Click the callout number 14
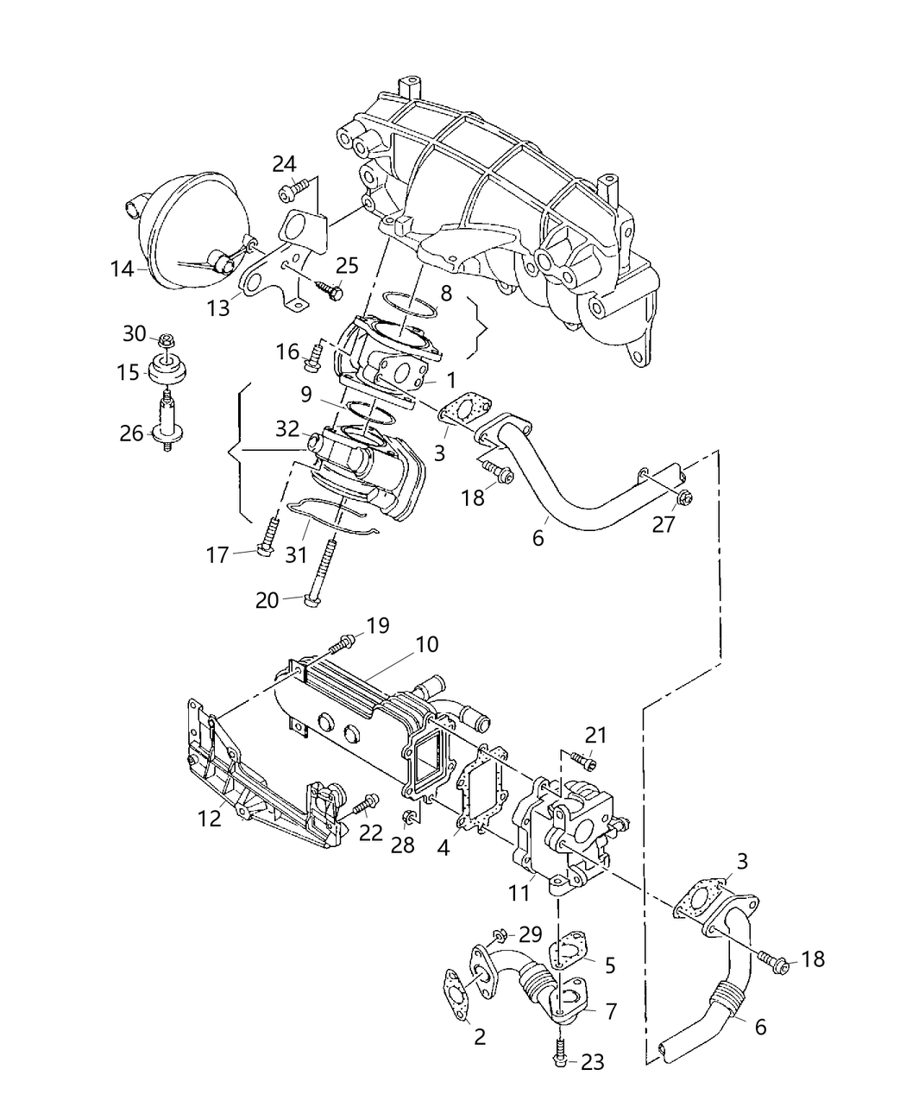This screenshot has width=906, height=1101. pos(122,269)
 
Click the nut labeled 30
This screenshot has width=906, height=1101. pos(166,343)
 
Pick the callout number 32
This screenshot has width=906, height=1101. pos(287,428)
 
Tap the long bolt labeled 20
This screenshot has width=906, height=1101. pos(323,570)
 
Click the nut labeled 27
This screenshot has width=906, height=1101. pos(683,497)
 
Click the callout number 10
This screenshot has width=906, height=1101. pos(426,644)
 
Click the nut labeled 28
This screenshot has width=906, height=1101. pos(408,816)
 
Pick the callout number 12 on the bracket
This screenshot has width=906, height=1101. pos(211,818)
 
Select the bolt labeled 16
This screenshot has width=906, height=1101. pos(313,355)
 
